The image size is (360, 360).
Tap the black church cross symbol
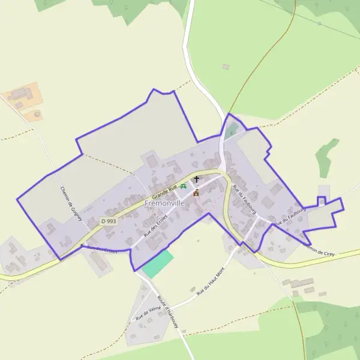click(x=196, y=179)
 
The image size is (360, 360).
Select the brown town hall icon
click(x=196, y=193)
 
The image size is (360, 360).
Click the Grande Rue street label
click(x=164, y=193)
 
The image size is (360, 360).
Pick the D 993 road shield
click(x=109, y=221)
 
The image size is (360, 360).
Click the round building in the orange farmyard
click(x=37, y=113)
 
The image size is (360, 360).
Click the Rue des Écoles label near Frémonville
click(x=154, y=225)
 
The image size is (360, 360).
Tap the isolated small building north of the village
click(x=226, y=67)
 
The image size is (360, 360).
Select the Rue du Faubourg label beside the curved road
click(x=244, y=199)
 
